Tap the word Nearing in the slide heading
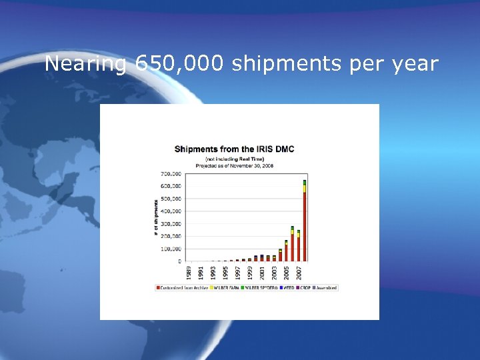[x=85, y=65]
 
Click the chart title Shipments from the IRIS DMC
[x=234, y=149]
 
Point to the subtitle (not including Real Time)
[x=234, y=159]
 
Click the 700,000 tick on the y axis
[x=171, y=173]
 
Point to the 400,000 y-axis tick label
[x=171, y=211]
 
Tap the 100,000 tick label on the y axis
[x=171, y=249]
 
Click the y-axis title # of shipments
[x=157, y=217]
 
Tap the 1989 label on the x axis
[x=189, y=273]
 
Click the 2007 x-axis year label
[x=298, y=273]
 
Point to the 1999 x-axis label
[x=249, y=273]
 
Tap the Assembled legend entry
[x=325, y=288]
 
